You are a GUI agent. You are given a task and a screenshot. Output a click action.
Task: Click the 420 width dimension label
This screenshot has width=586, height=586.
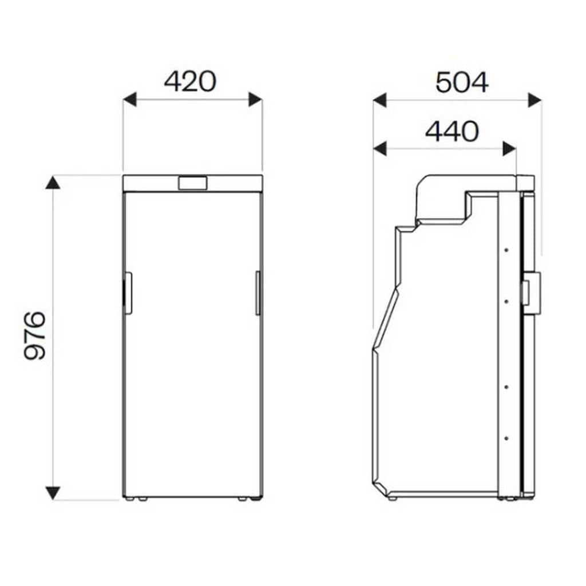tap(190, 82)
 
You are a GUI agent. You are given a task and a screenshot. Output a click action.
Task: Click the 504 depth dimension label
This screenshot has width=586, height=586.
tap(462, 82)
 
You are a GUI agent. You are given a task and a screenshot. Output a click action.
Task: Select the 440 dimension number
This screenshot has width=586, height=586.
tap(452, 131)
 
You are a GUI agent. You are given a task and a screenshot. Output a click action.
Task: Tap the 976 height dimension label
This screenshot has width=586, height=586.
tap(34, 335)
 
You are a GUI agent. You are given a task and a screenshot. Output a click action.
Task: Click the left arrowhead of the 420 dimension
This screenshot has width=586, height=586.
tap(130, 100)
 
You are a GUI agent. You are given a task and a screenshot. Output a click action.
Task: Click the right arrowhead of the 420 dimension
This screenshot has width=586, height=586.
tap(256, 100)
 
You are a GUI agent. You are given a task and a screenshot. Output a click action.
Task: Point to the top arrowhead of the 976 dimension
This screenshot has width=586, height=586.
tap(53, 183)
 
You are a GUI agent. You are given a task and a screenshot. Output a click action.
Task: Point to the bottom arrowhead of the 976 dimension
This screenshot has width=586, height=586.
tap(53, 493)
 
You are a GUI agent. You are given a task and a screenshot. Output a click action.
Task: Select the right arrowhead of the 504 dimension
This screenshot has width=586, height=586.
tap(535, 100)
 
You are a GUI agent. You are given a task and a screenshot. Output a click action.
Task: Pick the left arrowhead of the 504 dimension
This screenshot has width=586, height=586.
tap(380, 100)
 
